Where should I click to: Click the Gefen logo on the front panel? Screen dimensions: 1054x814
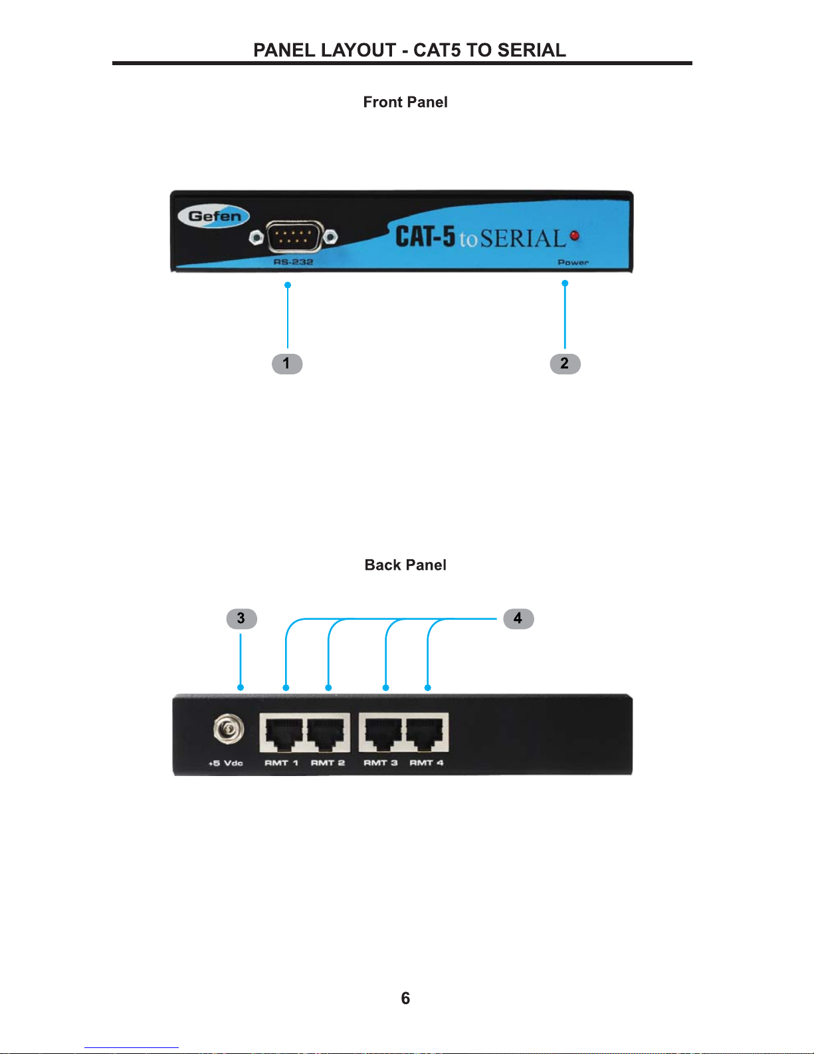[x=214, y=216]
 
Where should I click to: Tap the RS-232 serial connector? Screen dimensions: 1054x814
[x=294, y=237]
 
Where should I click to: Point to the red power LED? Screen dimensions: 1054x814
[x=575, y=235]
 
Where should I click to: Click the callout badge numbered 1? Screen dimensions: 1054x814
[x=287, y=364]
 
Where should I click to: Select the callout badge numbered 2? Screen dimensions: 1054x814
[x=565, y=364]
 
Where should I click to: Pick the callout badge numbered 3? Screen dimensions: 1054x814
[x=241, y=618]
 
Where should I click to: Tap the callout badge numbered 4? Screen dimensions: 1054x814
[x=518, y=618]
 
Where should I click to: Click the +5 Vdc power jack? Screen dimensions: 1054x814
[x=228, y=731]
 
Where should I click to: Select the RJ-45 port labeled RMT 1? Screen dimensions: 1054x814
[x=282, y=733]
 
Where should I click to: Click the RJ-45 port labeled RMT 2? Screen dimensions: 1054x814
[x=328, y=733]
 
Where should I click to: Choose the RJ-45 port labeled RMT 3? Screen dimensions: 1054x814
[x=381, y=733]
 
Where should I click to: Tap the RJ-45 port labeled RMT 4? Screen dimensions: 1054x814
[x=427, y=733]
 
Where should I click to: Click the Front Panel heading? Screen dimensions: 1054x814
[x=405, y=102]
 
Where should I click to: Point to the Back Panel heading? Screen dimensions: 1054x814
[x=405, y=565]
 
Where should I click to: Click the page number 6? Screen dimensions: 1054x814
[x=405, y=998]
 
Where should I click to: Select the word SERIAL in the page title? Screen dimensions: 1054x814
[x=532, y=51]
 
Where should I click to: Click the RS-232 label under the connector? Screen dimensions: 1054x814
[x=293, y=262]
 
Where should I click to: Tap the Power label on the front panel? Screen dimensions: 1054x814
[x=573, y=263]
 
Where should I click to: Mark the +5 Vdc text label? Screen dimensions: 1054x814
[x=226, y=763]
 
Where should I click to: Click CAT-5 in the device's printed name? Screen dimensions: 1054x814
[x=425, y=237]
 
